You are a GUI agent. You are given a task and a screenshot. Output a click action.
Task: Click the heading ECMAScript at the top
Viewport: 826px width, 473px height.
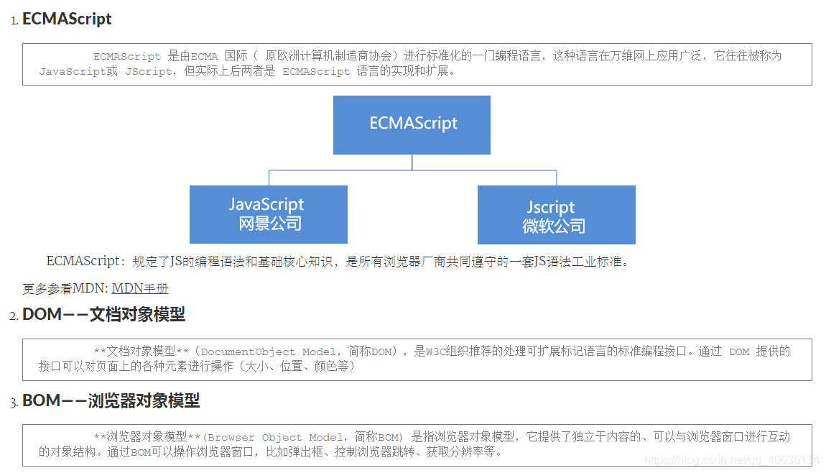pos(67,19)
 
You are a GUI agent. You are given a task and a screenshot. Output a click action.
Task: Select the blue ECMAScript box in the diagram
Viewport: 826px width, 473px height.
pos(412,124)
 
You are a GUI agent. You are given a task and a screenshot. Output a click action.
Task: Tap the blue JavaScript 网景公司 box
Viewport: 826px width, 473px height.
pos(268,214)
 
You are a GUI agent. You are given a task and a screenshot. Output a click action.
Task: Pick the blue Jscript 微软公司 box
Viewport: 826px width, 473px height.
pos(556,215)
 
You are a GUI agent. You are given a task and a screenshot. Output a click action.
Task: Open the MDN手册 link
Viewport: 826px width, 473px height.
pos(140,288)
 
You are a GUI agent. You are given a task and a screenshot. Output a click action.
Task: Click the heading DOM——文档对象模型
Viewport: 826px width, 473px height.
pos(103,314)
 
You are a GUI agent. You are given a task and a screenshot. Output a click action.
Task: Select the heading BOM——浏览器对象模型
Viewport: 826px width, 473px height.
pos(111,400)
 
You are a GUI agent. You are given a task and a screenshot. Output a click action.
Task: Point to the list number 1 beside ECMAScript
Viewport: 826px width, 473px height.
pos(13,21)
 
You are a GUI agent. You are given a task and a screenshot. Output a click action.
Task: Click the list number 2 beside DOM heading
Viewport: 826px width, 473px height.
pos(13,316)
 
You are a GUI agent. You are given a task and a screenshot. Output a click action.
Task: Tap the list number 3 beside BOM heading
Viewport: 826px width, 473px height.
pos(13,402)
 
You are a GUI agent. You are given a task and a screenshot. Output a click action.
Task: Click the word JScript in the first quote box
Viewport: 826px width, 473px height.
pos(149,72)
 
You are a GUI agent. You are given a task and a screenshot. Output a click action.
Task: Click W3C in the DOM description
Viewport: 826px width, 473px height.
pos(435,352)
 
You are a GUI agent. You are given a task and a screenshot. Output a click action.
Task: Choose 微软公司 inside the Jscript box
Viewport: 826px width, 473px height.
pos(554,226)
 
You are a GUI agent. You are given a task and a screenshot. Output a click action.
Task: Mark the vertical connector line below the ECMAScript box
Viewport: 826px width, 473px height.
pos(412,162)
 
